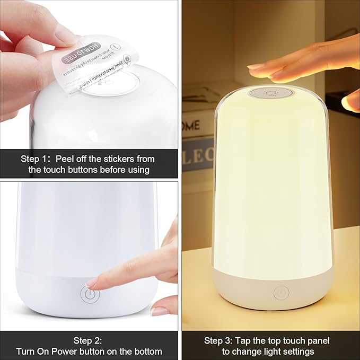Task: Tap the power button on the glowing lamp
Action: click(281, 293)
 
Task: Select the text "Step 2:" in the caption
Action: click(89, 340)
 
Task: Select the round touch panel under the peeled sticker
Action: click(114, 85)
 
